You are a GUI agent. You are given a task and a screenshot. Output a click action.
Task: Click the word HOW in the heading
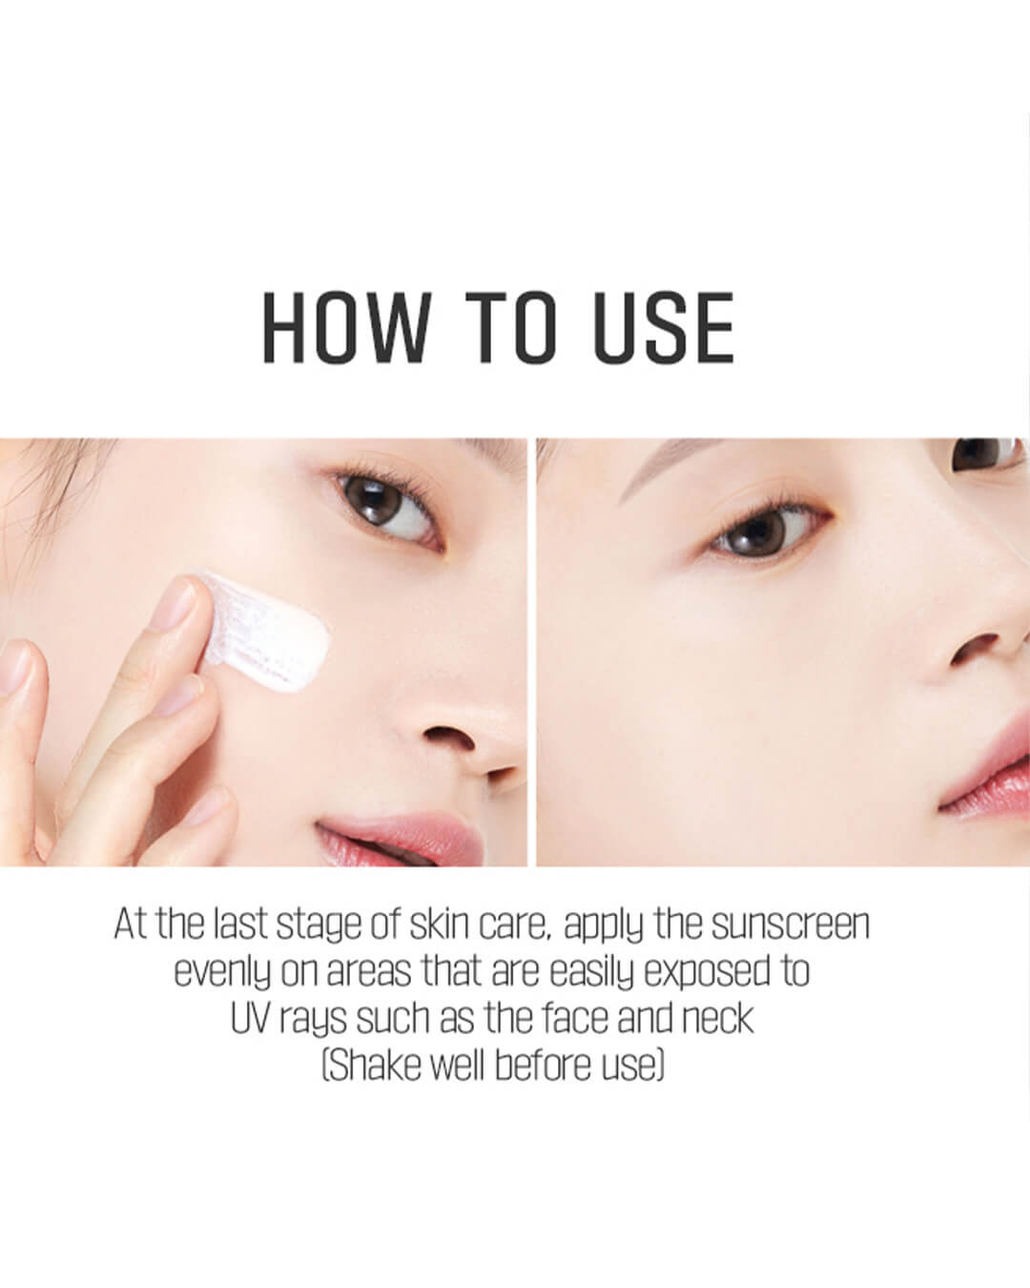tap(347, 327)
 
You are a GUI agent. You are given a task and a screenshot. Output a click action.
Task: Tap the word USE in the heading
tap(664, 327)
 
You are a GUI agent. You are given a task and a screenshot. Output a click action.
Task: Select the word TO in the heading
tap(512, 327)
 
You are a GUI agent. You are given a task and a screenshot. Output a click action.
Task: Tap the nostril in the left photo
tap(449, 737)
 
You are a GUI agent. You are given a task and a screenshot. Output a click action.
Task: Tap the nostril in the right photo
tap(973, 648)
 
